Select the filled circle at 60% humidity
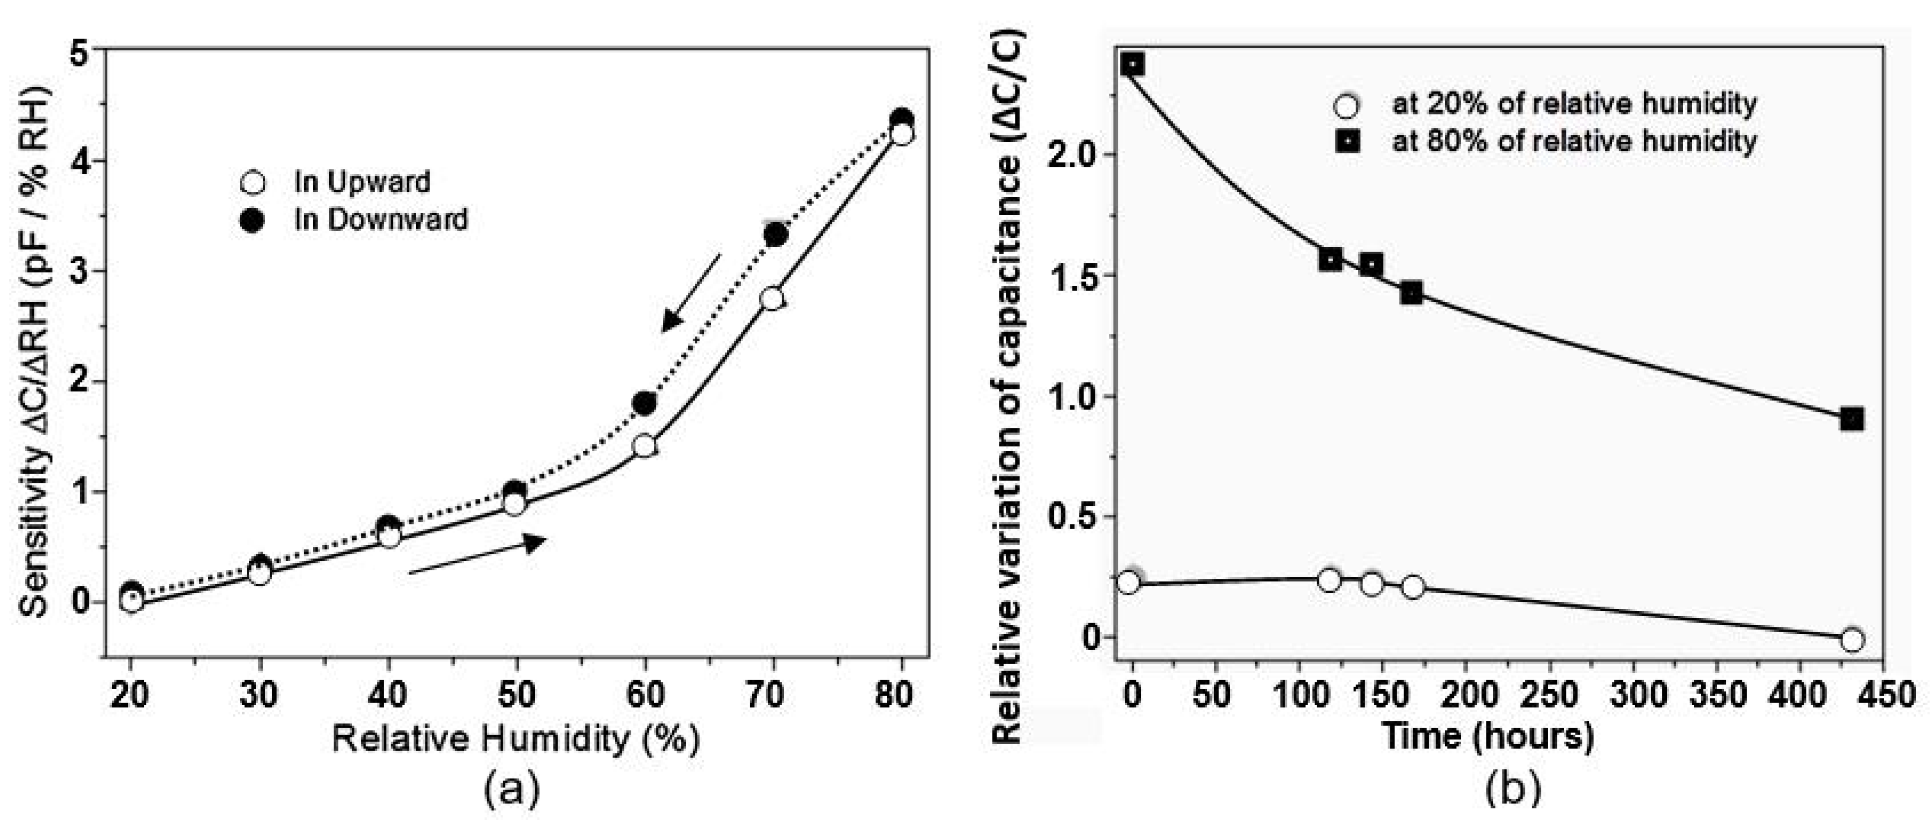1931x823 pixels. click(x=644, y=403)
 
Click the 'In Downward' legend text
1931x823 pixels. click(x=381, y=220)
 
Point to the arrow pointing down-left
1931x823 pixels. click(x=690, y=292)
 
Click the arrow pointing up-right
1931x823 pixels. click(x=478, y=555)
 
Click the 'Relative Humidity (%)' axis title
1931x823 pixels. click(x=516, y=739)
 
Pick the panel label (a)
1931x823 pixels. click(x=511, y=790)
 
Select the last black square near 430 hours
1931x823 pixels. click(x=1852, y=420)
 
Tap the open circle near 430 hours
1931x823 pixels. click(x=1852, y=639)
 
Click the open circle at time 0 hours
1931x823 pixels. click(x=1128, y=582)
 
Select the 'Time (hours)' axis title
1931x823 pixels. click(x=1487, y=736)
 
